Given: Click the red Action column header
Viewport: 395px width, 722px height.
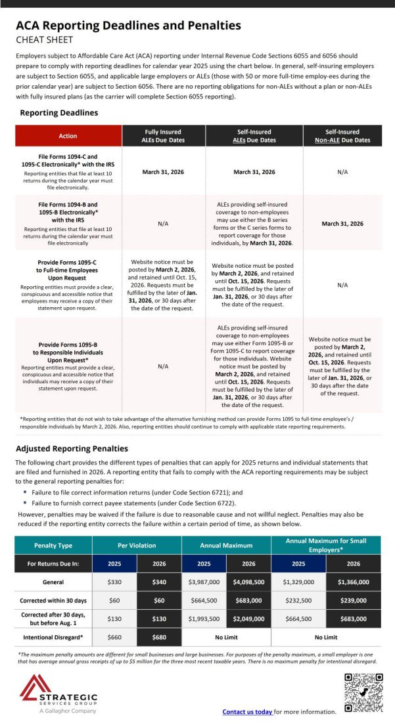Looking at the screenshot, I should (68, 136).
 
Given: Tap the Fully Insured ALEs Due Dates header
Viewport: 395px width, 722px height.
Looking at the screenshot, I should (163, 136).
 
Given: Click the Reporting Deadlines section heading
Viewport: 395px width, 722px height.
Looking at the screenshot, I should (58, 113).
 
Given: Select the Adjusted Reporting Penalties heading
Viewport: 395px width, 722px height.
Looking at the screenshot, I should (72, 448).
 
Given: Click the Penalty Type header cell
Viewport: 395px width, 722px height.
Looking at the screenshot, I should (53, 545).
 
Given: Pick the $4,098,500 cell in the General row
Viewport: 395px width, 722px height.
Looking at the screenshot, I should (248, 582).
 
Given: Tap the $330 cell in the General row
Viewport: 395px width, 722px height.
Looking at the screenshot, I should (114, 582).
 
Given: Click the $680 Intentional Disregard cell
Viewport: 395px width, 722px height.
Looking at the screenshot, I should (158, 637).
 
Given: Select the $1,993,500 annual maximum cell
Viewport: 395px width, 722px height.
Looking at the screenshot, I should (204, 619).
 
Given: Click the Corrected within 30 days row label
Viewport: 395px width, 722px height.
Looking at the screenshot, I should (53, 600).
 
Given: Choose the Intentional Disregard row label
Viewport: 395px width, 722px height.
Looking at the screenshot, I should (53, 637).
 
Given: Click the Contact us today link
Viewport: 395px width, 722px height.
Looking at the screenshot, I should (247, 711).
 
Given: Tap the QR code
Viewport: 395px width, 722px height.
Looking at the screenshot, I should (363, 693).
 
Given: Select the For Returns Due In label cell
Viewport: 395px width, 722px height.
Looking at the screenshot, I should (53, 563).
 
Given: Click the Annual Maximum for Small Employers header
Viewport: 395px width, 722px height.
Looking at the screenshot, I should (325, 545).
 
